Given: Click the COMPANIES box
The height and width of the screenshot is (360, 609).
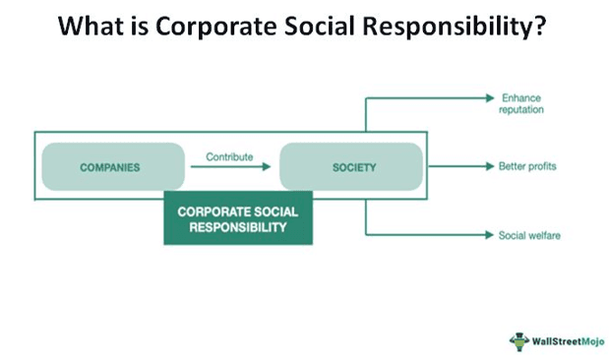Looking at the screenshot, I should [x=110, y=166].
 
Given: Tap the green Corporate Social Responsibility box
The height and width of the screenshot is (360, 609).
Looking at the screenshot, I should [x=237, y=219].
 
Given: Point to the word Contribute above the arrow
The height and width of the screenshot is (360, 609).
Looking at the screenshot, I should [x=229, y=155].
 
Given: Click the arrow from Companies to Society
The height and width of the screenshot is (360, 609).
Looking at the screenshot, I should [x=230, y=167].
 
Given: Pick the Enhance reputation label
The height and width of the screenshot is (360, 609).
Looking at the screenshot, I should [x=522, y=103].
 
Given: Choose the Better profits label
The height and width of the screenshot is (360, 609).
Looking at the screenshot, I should [x=528, y=166].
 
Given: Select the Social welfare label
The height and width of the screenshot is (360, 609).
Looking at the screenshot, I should [x=529, y=235].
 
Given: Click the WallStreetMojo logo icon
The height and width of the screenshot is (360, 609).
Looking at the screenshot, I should [x=518, y=339].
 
